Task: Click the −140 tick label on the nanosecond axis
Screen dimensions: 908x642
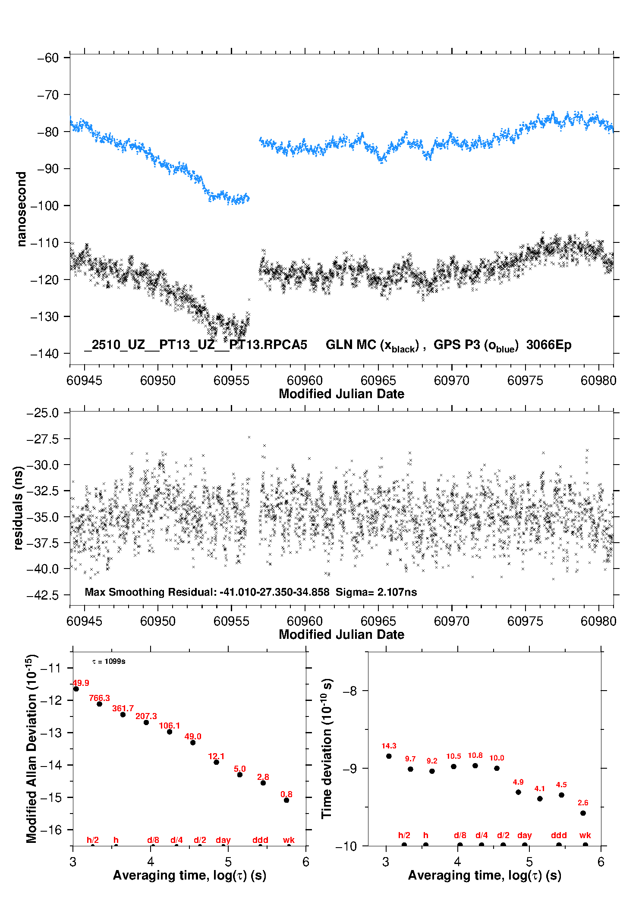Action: click(x=44, y=354)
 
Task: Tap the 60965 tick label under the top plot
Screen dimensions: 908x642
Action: click(x=378, y=380)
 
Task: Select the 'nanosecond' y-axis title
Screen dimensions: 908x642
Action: click(x=21, y=209)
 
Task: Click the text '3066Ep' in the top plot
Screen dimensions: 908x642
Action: click(x=548, y=345)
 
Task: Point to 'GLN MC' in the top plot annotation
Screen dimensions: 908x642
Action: click(x=350, y=345)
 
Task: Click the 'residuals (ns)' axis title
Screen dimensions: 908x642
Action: click(x=18, y=508)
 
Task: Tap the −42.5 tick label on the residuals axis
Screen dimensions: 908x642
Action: click(x=43, y=595)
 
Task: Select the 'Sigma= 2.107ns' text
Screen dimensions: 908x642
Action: click(x=376, y=592)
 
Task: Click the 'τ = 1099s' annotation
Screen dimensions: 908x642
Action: click(x=109, y=661)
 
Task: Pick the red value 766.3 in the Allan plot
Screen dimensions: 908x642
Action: click(x=99, y=698)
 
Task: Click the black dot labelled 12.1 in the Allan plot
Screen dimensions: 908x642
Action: click(x=217, y=762)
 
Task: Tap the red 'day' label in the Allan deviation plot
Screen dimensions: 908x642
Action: click(x=223, y=840)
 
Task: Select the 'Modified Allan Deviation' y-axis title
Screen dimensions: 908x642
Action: click(x=31, y=748)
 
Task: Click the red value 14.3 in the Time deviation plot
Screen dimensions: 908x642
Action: click(x=389, y=746)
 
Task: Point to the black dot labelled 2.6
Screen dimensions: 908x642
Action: click(x=583, y=813)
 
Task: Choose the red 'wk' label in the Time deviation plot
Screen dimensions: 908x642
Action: click(x=585, y=835)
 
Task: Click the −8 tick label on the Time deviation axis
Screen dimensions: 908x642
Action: click(x=350, y=691)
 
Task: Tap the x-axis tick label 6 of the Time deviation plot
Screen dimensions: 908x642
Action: click(x=601, y=862)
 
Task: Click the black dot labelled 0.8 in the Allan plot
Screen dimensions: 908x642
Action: click(x=286, y=800)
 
